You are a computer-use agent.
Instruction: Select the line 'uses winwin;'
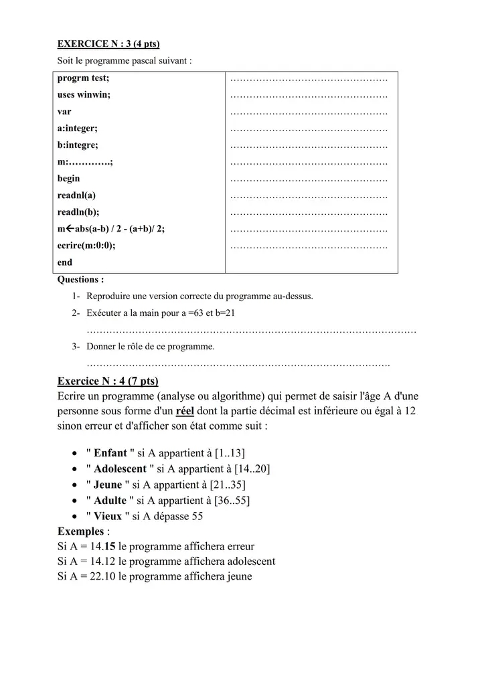pyautogui.click(x=84, y=95)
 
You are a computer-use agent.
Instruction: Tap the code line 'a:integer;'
pyautogui.click(x=77, y=129)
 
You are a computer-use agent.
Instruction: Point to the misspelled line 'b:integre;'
pyautogui.click(x=78, y=145)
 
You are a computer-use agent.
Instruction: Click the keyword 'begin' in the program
pyautogui.click(x=68, y=179)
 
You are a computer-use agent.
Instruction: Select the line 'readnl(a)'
pyautogui.click(x=76, y=195)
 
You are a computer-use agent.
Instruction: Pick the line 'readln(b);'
pyautogui.click(x=78, y=212)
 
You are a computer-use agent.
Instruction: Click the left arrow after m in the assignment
pyautogui.click(x=69, y=229)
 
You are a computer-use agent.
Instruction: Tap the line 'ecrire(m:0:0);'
pyautogui.click(x=86, y=246)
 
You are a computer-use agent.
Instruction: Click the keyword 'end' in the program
pyautogui.click(x=65, y=262)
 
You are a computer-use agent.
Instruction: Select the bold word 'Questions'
pyautogui.click(x=78, y=280)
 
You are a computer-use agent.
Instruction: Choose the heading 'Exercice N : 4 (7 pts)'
pyautogui.click(x=108, y=381)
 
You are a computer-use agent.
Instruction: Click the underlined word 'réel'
pyautogui.click(x=189, y=410)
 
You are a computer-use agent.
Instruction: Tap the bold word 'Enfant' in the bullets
pyautogui.click(x=110, y=453)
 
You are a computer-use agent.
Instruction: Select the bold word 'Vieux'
pyautogui.click(x=108, y=516)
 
